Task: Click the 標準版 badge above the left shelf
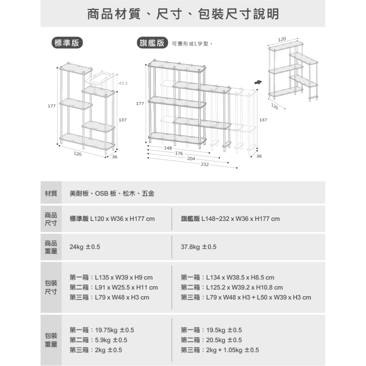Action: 66,43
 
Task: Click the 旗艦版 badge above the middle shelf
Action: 152,43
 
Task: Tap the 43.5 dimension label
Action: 123,83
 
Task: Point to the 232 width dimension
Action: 205,164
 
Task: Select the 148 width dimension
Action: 168,148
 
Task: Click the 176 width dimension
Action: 179,153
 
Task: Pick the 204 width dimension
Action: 191,159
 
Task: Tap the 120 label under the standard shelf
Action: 77,154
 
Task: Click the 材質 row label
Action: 51,193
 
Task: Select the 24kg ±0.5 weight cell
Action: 85,247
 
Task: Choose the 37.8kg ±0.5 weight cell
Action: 198,247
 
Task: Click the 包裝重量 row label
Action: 51,340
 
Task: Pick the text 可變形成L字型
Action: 192,44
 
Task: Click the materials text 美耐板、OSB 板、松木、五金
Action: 112,193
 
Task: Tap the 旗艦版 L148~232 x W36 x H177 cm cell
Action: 230,219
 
